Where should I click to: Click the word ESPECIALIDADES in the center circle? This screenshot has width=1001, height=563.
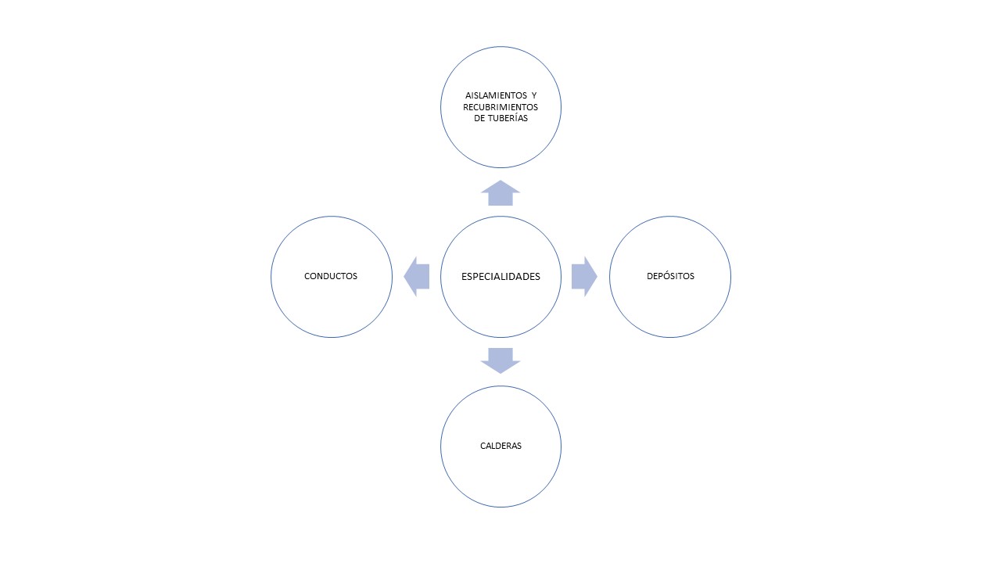pos(500,277)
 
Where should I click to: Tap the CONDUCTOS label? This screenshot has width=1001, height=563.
pos(331,276)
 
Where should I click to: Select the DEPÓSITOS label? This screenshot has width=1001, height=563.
pos(670,276)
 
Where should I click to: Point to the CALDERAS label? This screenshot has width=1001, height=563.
pos(500,446)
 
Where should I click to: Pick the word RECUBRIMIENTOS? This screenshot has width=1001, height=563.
pos(500,107)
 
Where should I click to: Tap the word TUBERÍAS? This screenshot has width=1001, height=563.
pos(508,118)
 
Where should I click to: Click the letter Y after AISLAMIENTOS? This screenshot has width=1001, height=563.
pos(534,95)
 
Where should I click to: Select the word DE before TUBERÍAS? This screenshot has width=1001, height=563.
pos(479,118)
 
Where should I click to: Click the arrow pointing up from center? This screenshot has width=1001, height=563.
pos(500,193)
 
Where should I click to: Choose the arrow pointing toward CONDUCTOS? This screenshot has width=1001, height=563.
pos(417,277)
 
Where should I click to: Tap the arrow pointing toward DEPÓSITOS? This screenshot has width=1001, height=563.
pos(584,277)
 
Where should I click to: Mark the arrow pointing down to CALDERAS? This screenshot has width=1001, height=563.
pos(500,360)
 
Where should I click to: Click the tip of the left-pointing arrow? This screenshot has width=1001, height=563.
pos(404,277)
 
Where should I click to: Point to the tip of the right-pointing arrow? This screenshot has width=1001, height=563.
pos(597,277)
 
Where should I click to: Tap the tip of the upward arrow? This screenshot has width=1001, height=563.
pos(500,181)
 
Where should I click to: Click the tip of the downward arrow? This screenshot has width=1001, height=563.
pos(500,373)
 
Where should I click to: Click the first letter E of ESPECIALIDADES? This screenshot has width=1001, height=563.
pos(464,277)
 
